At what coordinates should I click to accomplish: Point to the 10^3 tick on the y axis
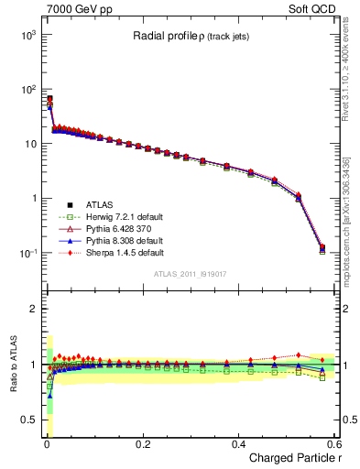pos(28,35)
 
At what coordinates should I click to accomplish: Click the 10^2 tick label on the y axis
pos(28,90)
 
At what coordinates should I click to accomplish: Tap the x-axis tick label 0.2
pos(142,443)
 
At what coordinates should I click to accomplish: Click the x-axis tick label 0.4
pos(238,443)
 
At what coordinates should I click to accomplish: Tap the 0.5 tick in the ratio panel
pos(30,420)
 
